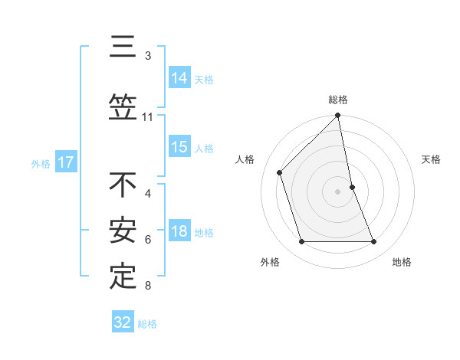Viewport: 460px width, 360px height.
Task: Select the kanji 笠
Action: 123,107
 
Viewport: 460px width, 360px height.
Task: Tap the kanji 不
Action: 123,185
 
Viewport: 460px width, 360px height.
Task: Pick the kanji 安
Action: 123,230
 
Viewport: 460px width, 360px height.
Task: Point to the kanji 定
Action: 123,276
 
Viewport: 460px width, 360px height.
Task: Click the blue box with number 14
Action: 179,78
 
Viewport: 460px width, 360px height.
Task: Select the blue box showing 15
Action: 179,147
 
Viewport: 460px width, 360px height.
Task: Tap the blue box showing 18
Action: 179,231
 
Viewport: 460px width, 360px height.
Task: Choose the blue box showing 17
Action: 65,162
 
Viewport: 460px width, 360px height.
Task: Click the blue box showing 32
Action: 123,322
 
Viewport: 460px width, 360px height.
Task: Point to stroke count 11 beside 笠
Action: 148,117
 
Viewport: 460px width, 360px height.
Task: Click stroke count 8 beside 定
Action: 148,286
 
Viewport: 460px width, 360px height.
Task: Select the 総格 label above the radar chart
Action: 338,100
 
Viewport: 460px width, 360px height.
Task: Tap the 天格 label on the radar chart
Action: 431,159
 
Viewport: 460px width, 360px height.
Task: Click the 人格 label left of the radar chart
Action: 245,159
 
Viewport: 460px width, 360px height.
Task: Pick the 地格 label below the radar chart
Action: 402,262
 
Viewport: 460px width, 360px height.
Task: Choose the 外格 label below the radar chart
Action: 270,262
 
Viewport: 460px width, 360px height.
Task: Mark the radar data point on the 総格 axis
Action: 337,116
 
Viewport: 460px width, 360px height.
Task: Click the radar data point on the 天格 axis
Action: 352,186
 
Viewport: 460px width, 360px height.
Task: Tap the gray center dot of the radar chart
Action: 337,191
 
